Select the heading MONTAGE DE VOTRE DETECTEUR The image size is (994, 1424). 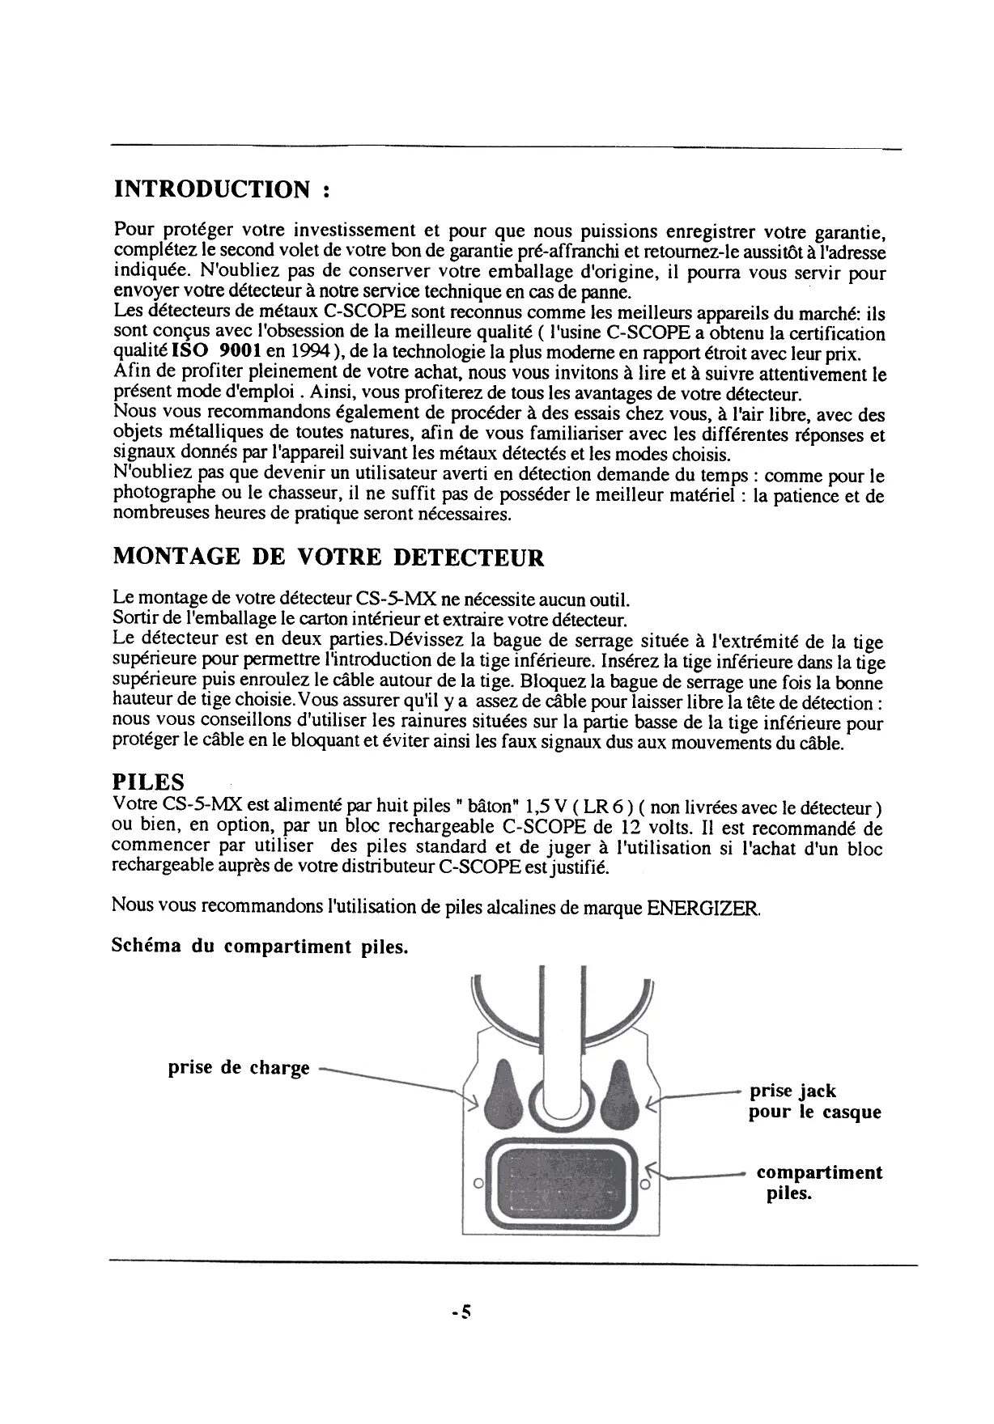point(328,557)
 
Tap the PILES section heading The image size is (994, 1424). point(147,782)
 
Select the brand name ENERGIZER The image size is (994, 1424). point(703,907)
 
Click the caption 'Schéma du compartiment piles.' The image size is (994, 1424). point(259,947)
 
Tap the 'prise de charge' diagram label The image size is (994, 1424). point(239,1068)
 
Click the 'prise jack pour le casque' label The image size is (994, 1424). point(813,1101)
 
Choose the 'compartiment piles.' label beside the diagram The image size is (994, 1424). point(818,1183)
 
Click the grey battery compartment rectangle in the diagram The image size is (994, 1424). point(563,1182)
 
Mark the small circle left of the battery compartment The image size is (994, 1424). point(478,1185)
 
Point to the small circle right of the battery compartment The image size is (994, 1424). point(645,1185)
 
